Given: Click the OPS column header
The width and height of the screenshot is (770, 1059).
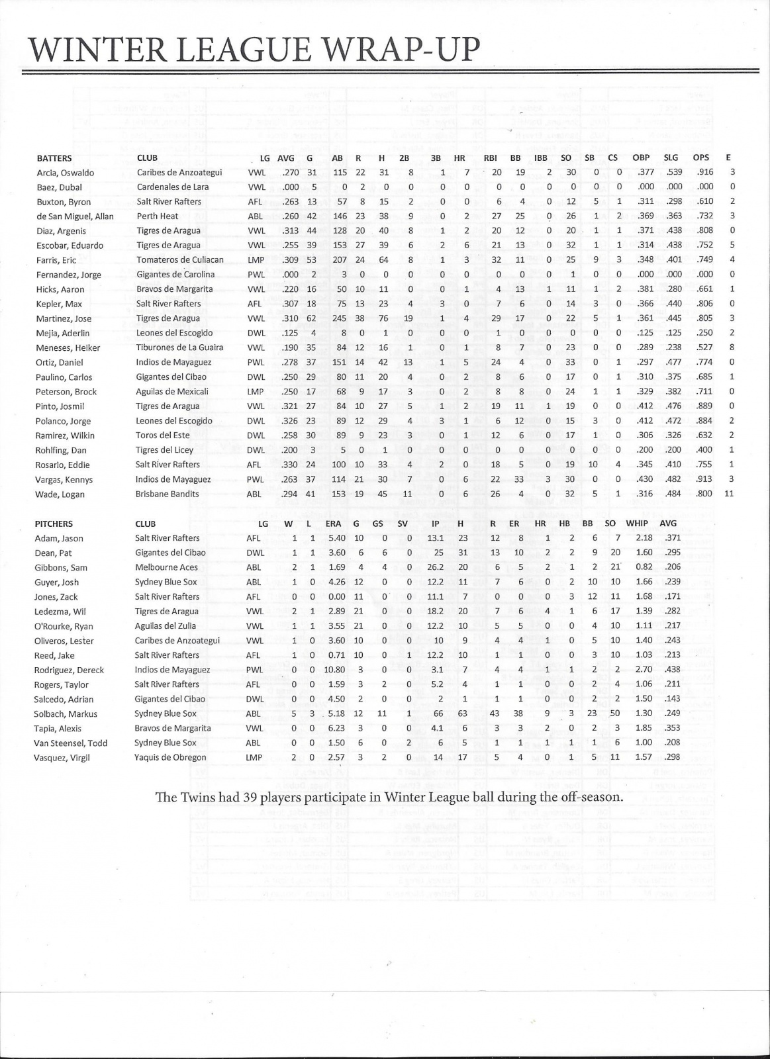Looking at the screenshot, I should click(700, 158).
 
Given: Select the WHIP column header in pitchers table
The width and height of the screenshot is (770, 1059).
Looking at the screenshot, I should click(637, 523).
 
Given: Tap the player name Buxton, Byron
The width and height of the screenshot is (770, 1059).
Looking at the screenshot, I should click(64, 202).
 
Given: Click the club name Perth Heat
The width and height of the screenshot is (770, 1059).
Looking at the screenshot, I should click(158, 216).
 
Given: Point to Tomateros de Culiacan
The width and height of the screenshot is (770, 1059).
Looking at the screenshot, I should click(180, 259).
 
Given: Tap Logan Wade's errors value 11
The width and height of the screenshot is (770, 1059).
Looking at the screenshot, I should click(729, 494).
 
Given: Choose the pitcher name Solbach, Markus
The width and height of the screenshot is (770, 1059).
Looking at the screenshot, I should click(66, 714).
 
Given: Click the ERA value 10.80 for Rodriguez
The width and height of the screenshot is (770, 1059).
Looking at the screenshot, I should click(335, 669).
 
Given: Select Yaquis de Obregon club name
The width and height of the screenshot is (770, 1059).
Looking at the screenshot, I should click(170, 757).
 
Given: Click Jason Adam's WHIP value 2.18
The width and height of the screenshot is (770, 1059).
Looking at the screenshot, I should click(644, 538).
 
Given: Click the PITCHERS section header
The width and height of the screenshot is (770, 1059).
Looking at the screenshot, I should click(54, 524).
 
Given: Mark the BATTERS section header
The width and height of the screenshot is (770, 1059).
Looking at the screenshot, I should click(54, 158).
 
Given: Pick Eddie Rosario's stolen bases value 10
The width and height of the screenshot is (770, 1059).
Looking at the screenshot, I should click(593, 465).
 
